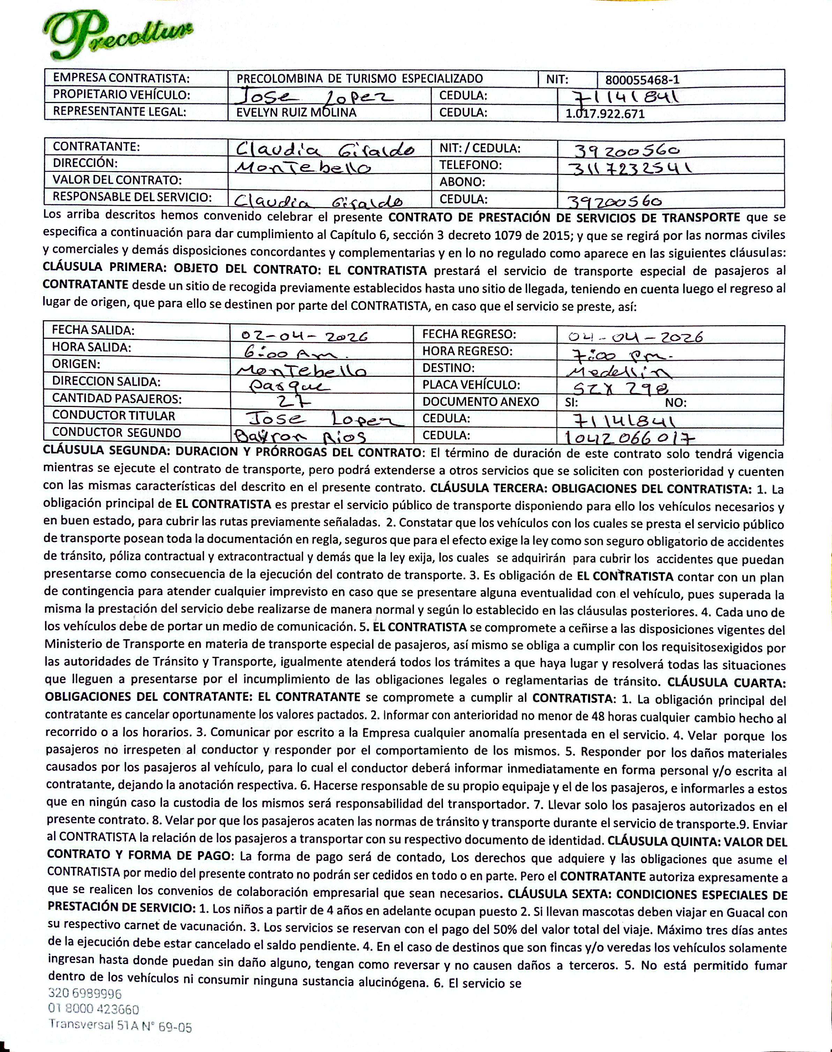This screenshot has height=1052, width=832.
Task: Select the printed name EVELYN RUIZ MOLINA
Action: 296,112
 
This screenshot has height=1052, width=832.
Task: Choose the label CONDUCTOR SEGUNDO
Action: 117,432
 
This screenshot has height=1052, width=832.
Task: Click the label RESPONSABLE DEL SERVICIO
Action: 132,197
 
